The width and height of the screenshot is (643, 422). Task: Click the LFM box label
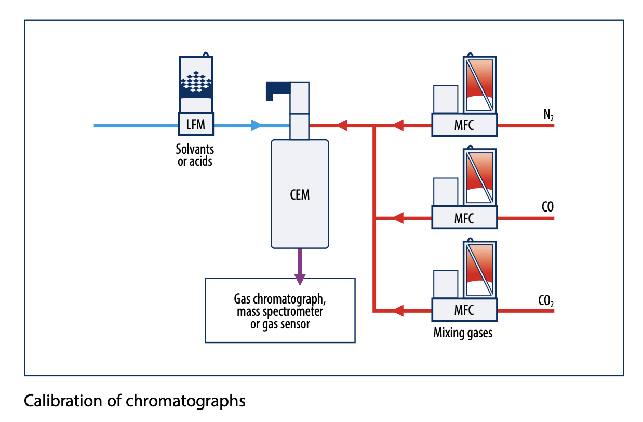(196, 125)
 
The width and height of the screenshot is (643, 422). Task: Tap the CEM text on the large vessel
(300, 195)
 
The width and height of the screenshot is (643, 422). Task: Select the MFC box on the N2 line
(464, 125)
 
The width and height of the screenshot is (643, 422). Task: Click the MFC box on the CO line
(464, 218)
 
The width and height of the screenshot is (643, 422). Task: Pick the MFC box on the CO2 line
(464, 310)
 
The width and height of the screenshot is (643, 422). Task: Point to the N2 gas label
(548, 115)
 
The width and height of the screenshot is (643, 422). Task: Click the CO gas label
(547, 207)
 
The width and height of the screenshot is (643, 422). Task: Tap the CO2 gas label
(547, 300)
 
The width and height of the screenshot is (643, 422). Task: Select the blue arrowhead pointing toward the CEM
(256, 125)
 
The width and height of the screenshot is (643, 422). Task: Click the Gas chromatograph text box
(280, 310)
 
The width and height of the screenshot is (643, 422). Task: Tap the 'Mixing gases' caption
(463, 333)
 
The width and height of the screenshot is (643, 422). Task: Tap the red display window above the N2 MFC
(479, 83)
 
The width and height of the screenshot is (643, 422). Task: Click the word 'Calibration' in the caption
(57, 401)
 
